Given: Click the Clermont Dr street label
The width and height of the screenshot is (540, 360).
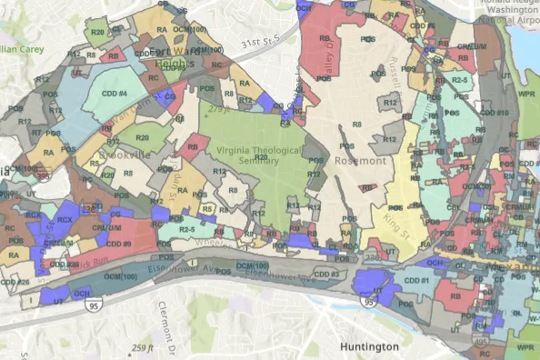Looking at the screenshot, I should click(172, 319).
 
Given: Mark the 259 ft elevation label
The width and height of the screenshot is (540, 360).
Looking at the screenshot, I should click(143, 347).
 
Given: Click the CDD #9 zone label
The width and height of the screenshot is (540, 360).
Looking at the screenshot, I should click(119, 245).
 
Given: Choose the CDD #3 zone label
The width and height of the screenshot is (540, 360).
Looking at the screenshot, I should click(326, 274).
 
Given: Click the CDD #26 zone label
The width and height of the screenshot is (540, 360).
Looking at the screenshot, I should click(15, 282).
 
